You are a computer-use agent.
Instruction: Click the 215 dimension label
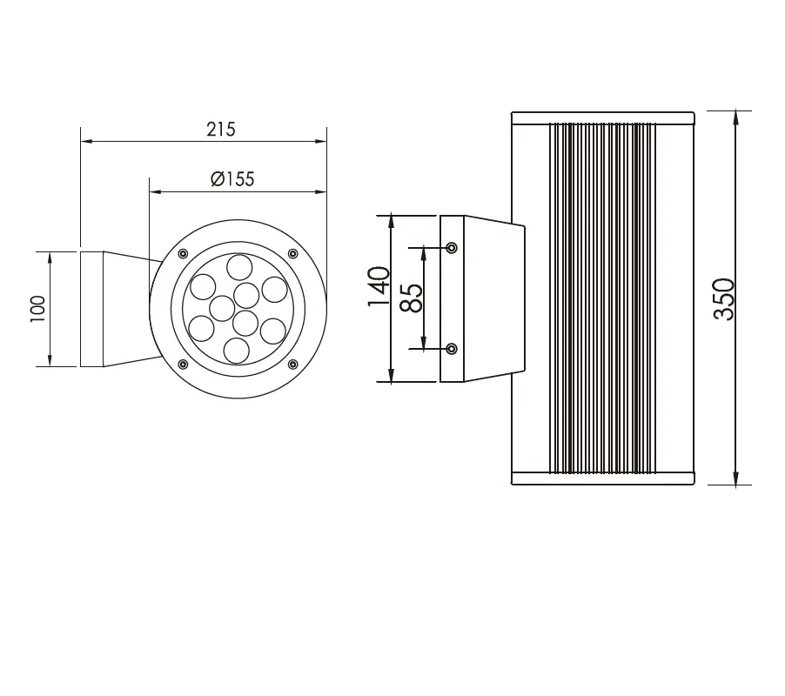click(x=221, y=130)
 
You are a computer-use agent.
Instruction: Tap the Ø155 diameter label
click(x=232, y=178)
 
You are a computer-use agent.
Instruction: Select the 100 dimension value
click(x=38, y=309)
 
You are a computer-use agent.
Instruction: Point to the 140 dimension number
click(x=379, y=286)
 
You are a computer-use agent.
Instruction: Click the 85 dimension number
click(x=411, y=298)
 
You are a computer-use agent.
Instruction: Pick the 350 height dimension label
click(x=724, y=298)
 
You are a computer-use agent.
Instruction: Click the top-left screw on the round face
click(x=184, y=254)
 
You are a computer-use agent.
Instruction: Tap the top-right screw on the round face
click(x=293, y=254)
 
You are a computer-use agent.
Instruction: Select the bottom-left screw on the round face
click(x=184, y=364)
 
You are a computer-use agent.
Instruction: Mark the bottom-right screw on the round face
click(x=293, y=364)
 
